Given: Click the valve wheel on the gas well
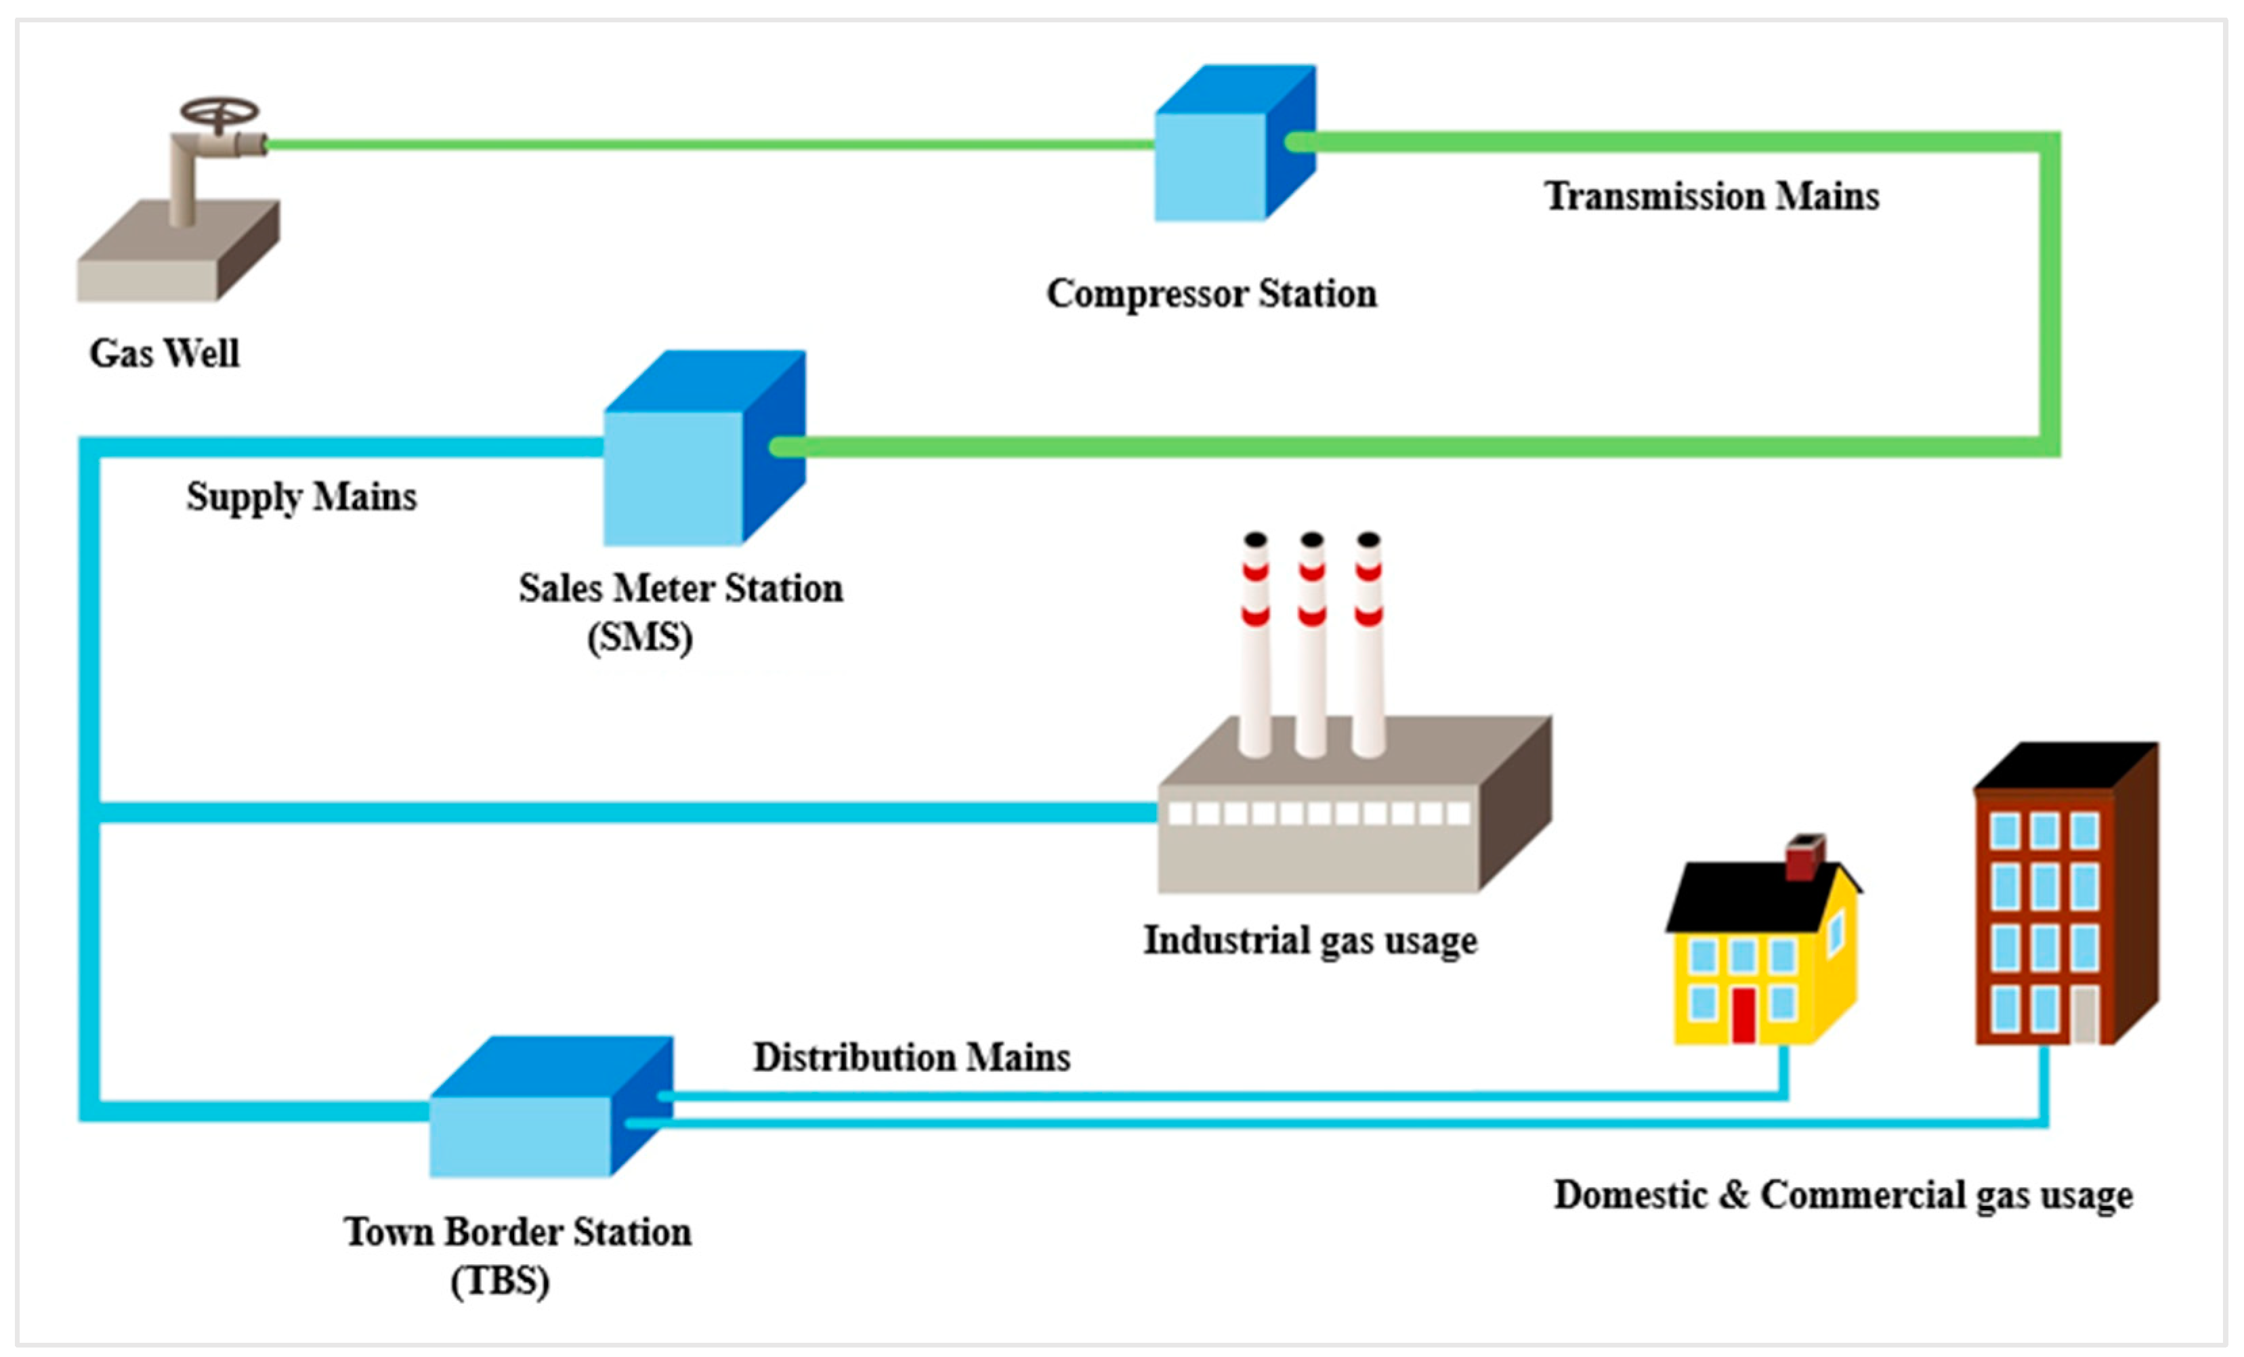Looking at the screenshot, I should point(219,114).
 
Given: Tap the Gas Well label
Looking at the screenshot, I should point(164,354).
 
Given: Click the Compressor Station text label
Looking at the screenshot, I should point(1211,294).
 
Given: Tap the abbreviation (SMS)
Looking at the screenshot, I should point(639,637).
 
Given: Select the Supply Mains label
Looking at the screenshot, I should point(301,497).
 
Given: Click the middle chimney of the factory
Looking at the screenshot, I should point(1311,647).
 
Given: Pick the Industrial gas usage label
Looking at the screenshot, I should point(1309,941).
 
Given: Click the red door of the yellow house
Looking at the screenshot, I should point(1742,1014).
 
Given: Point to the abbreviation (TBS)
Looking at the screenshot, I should point(500,1281).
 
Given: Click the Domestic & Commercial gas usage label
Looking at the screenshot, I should point(1842,1196).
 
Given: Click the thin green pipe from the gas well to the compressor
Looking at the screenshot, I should point(711,145).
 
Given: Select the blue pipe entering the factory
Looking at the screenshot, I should point(637,811).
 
